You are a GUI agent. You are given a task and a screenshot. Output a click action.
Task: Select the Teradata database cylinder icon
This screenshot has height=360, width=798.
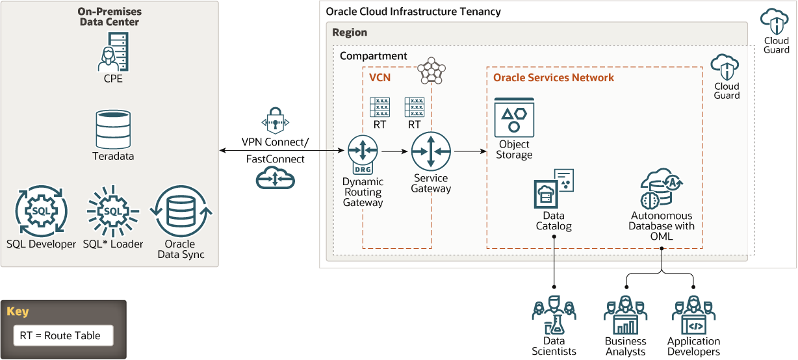[113, 129]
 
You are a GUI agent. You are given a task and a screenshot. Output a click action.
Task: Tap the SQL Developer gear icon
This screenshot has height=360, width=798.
[41, 211]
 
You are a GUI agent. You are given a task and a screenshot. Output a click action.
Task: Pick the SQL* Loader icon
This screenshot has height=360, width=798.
[112, 211]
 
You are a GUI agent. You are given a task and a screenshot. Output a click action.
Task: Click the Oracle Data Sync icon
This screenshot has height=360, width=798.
[181, 211]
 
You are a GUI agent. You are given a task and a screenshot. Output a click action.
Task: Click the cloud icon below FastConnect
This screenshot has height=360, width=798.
[275, 177]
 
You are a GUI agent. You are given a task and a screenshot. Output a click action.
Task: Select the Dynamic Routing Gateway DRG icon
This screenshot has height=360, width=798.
[363, 155]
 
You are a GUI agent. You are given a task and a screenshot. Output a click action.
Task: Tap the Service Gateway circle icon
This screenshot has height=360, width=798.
[431, 152]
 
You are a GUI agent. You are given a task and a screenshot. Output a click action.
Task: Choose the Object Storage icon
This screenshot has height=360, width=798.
[514, 118]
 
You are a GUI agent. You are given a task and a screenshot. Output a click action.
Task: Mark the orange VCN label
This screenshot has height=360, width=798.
[380, 78]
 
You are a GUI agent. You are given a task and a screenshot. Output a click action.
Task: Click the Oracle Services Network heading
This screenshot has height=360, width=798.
[554, 78]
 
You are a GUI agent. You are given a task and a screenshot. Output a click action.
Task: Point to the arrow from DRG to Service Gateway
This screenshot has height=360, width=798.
[394, 152]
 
